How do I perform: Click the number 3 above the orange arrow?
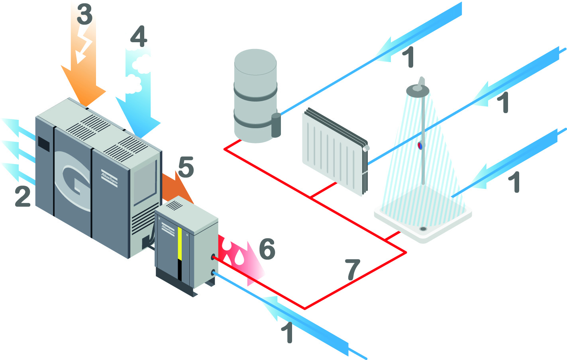pos(84,14)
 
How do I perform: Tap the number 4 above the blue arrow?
pos(138,37)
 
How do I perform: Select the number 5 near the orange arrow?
pos(186,167)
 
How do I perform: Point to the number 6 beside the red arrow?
pos(267,249)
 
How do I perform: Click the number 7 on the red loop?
pos(353,270)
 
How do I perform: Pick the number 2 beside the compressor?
pos(23,196)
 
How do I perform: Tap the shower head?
pos(418,90)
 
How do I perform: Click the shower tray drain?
pos(423,229)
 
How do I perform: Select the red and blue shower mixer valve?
pos(421,145)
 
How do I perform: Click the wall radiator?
pos(335,152)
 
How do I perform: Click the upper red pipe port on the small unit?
pos(213,257)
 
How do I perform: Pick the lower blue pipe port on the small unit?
pos(214,273)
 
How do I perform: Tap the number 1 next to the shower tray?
pos(514,182)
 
